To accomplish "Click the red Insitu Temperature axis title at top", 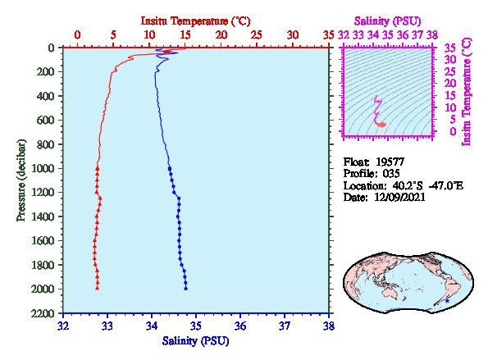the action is (195, 21).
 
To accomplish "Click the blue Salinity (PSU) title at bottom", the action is (195, 341).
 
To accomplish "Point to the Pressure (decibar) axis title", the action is (21, 180).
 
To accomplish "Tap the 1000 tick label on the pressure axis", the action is (43, 168).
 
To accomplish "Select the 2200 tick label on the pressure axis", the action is (43, 313).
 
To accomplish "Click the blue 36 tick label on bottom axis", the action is (240, 326).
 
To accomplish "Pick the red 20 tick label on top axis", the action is (221, 34).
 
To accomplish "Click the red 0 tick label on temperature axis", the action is (77, 34).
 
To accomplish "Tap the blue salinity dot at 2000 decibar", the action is (186, 289).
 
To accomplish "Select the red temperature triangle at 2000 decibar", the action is (98, 288).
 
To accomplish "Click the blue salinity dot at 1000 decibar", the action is (170, 168).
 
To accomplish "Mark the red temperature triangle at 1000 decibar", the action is (98, 168).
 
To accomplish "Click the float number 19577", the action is (390, 162).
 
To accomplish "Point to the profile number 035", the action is (391, 173).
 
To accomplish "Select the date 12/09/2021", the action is (399, 198).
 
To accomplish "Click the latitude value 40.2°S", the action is (408, 186).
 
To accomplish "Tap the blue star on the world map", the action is (447, 301).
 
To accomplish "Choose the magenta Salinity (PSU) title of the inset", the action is (387, 21).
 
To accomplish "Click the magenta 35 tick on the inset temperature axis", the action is (449, 48).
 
